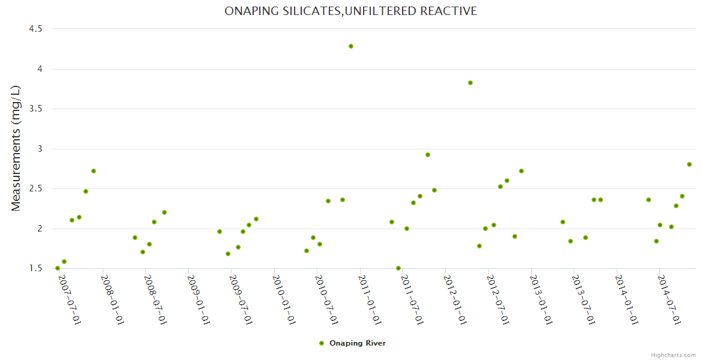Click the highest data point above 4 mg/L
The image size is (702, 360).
[351, 46]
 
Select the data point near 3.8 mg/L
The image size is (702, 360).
[470, 83]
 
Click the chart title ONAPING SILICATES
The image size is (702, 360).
[351, 11]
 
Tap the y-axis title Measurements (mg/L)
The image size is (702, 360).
[16, 148]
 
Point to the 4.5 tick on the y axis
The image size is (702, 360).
[35, 29]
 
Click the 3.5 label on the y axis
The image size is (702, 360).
[35, 109]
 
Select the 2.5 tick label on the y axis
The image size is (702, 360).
[35, 188]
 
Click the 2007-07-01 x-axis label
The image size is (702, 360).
[69, 299]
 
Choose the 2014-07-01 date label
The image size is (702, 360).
[670, 299]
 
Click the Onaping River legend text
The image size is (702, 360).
[358, 343]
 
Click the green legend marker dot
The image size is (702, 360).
[322, 343]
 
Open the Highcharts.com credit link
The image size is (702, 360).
[673, 355]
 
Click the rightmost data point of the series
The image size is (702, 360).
[689, 164]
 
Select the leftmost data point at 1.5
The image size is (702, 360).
[58, 268]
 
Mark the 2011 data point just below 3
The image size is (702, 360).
[428, 155]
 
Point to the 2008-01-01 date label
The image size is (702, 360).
[112, 299]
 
